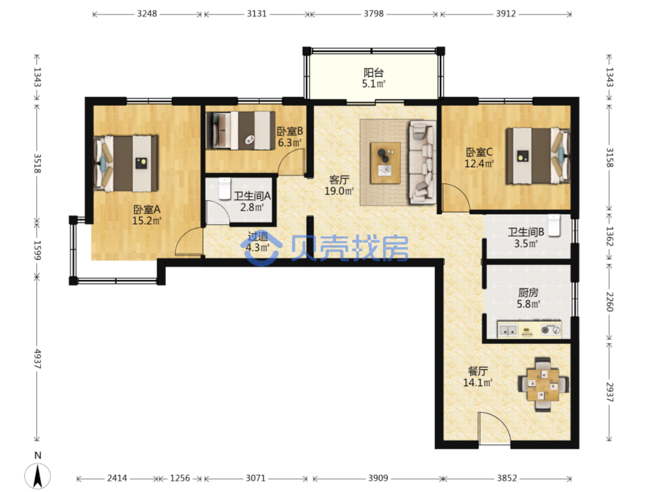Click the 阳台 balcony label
pos(373,73)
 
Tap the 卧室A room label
pos(146,210)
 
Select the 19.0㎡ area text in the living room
pos(339,191)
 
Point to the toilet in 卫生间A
pos(224,188)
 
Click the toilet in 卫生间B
pos(554,226)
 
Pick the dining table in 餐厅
pos(543,385)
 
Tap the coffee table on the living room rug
pos(385,163)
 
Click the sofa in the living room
pos(422,163)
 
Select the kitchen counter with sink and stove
pos(529,329)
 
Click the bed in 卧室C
pos(538,156)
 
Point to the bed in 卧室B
pos(240,131)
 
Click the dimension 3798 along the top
pos(373,14)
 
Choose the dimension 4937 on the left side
pos(37,359)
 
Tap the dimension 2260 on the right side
pos(609,302)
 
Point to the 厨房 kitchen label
pos(528,293)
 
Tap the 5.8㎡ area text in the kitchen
pos(528,304)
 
